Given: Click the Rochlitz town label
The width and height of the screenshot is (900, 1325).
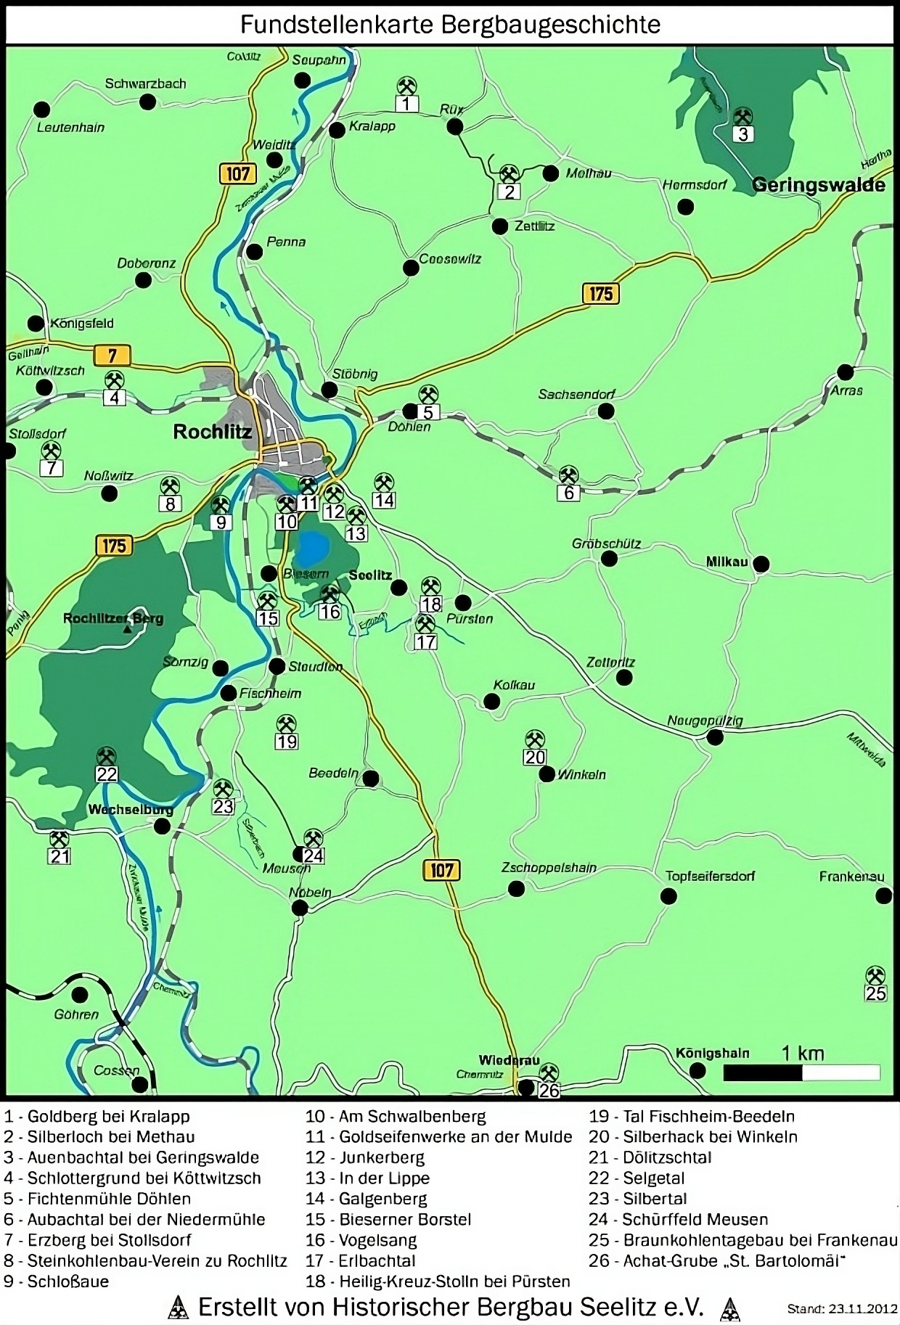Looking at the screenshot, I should click(212, 432).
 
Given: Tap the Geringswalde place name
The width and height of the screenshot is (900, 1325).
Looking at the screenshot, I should click(818, 184).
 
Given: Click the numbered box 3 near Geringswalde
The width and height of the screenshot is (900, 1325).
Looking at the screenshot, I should click(742, 134).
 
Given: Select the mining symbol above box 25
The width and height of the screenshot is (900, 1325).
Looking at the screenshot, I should click(876, 975).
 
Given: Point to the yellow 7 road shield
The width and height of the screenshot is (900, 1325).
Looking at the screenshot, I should click(112, 355).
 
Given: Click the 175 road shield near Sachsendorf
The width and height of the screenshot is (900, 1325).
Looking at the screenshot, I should click(600, 294).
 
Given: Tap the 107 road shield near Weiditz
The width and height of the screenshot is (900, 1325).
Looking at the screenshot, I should click(237, 174).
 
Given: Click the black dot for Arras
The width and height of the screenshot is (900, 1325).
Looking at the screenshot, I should click(845, 372).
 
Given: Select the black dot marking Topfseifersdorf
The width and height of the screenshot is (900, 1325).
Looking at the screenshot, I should click(668, 896).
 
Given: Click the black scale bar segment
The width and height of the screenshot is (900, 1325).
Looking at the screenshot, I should click(762, 1072).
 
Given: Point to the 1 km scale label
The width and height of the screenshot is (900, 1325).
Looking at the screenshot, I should click(802, 1053).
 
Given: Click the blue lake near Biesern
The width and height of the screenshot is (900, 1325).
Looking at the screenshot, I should click(313, 548).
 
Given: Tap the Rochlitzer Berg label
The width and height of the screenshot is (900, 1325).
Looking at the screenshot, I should click(113, 619).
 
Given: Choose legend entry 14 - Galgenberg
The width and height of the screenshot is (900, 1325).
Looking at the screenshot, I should click(366, 1199).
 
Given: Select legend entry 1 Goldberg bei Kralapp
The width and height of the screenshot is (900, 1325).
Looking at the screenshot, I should click(97, 1116).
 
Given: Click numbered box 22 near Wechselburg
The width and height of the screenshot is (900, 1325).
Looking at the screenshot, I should click(107, 774).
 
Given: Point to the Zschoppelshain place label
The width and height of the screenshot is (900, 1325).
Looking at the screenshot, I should click(549, 868).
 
